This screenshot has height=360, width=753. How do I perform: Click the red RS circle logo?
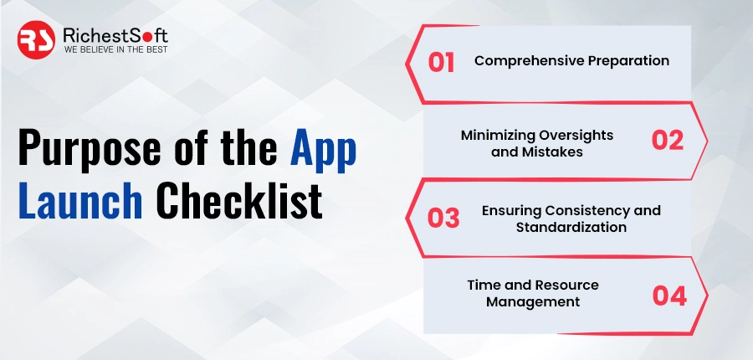coord(36,40)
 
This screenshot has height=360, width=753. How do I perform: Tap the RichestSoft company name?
coord(115,35)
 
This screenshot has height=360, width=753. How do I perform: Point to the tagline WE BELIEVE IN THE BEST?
coord(115,49)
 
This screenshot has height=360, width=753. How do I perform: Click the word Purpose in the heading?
coord(90,147)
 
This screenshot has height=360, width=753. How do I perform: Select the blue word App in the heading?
coord(323,149)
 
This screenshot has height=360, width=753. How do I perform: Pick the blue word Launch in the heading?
coord(80,200)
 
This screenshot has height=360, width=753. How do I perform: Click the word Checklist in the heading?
coord(238,200)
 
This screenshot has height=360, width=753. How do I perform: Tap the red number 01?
coord(441,63)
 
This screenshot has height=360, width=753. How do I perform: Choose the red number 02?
coord(667,141)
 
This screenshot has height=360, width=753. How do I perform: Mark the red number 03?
coord(443,218)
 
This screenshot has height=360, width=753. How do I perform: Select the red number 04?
coord(669,296)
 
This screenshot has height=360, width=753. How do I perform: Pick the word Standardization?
coord(571,227)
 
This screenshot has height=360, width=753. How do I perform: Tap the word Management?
coord(533,302)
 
